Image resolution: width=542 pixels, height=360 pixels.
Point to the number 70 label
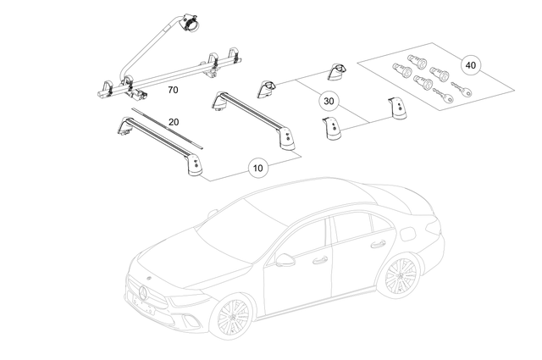[x=172, y=88]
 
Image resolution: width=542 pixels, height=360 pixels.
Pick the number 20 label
[x=174, y=121]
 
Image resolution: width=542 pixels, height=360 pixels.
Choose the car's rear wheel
[x=401, y=277]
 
